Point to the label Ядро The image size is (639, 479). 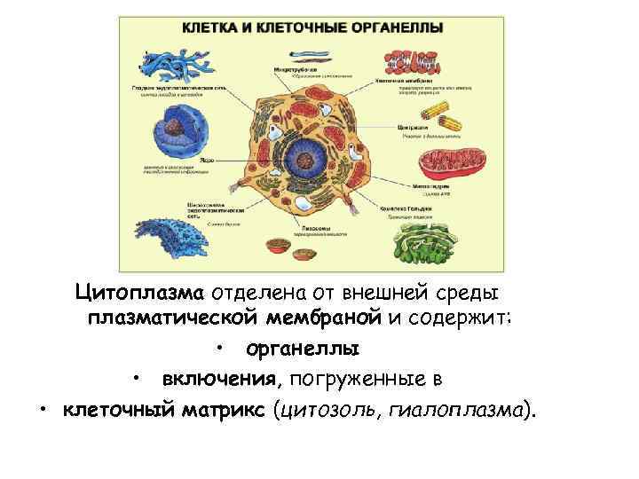click(206, 161)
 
